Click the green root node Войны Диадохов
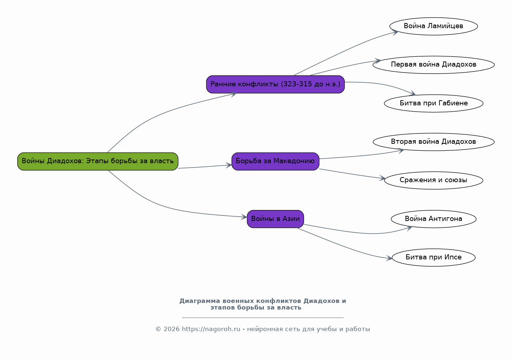[98, 161]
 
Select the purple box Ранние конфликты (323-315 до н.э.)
[276, 84]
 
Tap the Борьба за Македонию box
[276, 161]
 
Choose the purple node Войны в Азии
[276, 219]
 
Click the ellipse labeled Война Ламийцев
[434, 26]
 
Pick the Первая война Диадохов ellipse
[434, 65]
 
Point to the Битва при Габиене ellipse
[434, 103]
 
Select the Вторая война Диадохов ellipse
[434, 142]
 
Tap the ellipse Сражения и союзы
[434, 180]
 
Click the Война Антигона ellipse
[434, 219]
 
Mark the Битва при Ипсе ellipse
[434, 258]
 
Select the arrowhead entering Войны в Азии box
[244, 217]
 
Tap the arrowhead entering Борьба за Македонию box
[229, 165]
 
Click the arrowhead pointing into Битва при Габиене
[413, 93]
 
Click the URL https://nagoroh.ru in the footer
[211, 329]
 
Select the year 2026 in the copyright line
[171, 329]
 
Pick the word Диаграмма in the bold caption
[199, 301]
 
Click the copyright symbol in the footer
[158, 329]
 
